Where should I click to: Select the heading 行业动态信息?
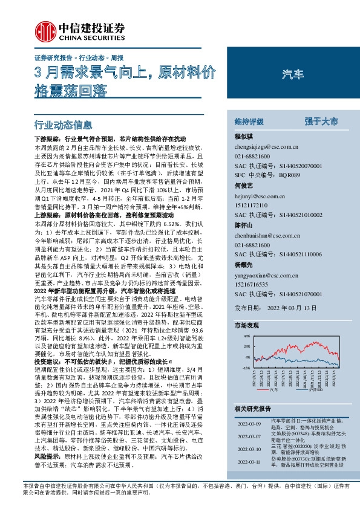coord(64,126)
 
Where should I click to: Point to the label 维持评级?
coord(249,122)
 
